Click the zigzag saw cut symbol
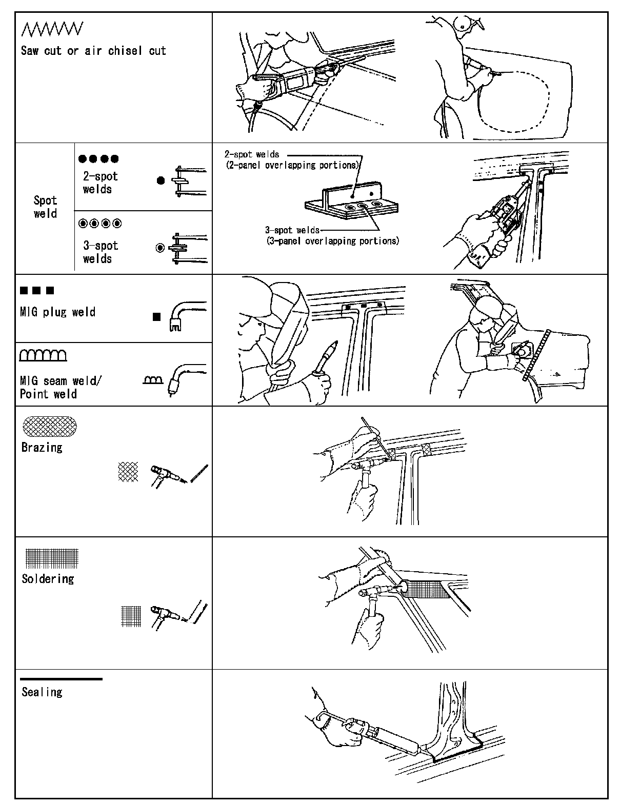point(51,30)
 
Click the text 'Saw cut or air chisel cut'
point(93,51)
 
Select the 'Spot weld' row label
point(45,207)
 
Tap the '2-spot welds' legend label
point(101,183)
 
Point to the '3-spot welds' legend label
point(101,252)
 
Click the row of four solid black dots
point(99,159)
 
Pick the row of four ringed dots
point(100,224)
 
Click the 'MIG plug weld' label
point(57,312)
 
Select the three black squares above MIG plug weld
point(37,291)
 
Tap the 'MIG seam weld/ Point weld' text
point(61,388)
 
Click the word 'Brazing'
point(42,448)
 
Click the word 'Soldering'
point(48,579)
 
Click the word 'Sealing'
point(42,692)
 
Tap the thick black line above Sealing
point(62,679)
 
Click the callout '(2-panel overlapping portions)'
point(292,166)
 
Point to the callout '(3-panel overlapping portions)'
point(332,240)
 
